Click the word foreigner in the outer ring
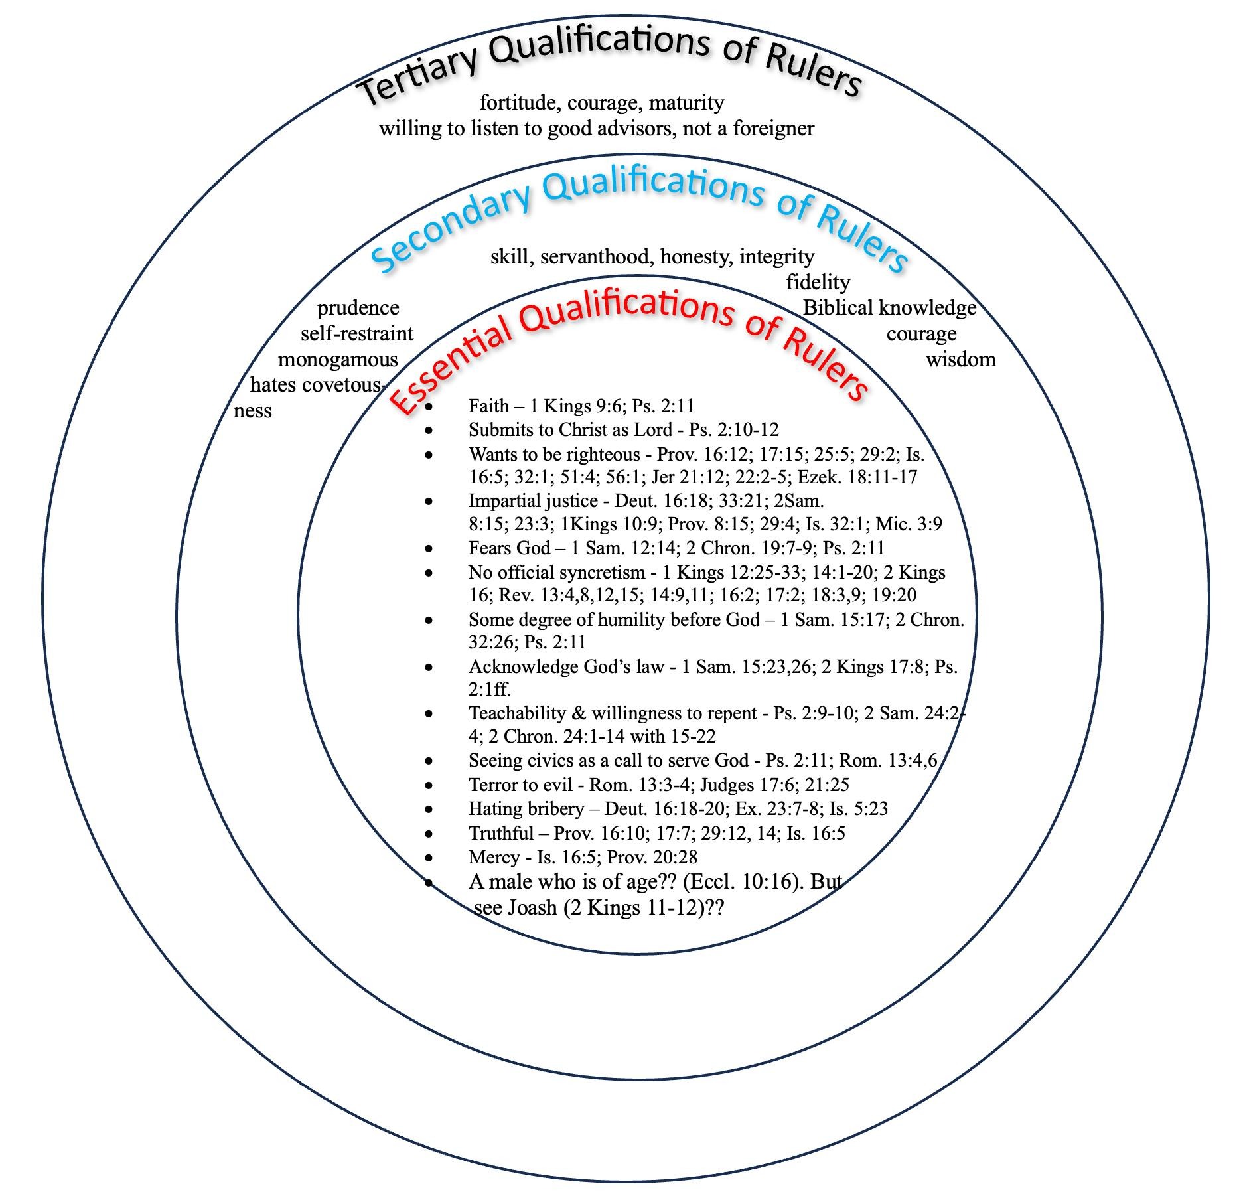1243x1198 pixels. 773,128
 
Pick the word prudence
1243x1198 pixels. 358,308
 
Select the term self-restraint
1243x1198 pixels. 357,333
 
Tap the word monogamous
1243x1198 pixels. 338,360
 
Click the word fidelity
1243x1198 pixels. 818,282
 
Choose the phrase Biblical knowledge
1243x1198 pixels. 889,308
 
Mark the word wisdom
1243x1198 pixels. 960,360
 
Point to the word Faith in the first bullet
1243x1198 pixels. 488,406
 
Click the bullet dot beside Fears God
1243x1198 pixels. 429,548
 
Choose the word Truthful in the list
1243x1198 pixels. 501,833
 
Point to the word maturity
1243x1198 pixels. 686,103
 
